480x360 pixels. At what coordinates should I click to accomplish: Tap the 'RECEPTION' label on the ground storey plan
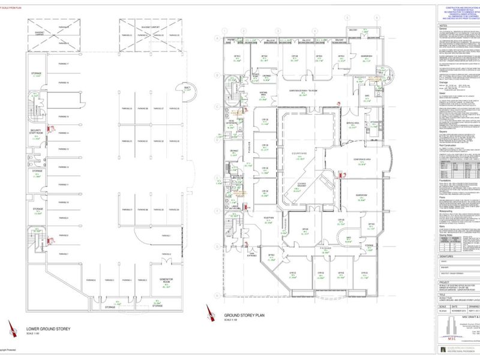(269, 217)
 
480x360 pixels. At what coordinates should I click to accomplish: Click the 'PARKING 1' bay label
(166, 237)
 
